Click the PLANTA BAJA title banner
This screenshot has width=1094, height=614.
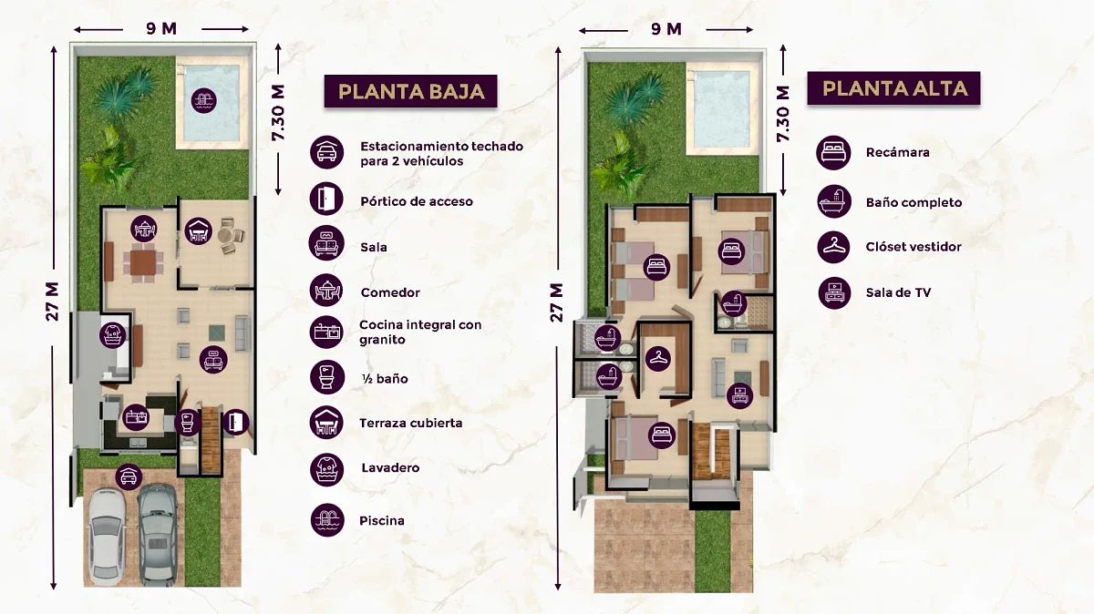(x=411, y=91)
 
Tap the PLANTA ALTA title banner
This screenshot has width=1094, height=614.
(x=893, y=87)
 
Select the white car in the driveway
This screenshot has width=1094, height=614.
(x=107, y=537)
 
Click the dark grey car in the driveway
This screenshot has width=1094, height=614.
(x=157, y=535)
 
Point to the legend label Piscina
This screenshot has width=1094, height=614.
(x=382, y=520)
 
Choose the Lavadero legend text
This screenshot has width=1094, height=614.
(x=390, y=467)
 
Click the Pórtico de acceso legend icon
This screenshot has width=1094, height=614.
(x=326, y=199)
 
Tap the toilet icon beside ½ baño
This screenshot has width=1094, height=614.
(x=326, y=377)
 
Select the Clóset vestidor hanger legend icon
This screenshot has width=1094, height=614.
(x=833, y=247)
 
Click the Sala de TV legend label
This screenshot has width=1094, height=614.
(x=898, y=292)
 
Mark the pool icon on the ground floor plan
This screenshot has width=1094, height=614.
(x=203, y=100)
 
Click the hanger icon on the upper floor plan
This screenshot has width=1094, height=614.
(x=658, y=358)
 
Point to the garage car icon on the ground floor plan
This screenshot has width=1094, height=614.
(x=129, y=476)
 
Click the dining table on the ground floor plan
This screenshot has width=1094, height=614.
(x=142, y=263)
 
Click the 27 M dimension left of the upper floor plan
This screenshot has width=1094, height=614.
(x=557, y=302)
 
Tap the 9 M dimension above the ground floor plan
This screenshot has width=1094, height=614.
(x=161, y=29)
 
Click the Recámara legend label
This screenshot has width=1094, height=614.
(x=898, y=152)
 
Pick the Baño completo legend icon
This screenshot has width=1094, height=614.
(x=833, y=201)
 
